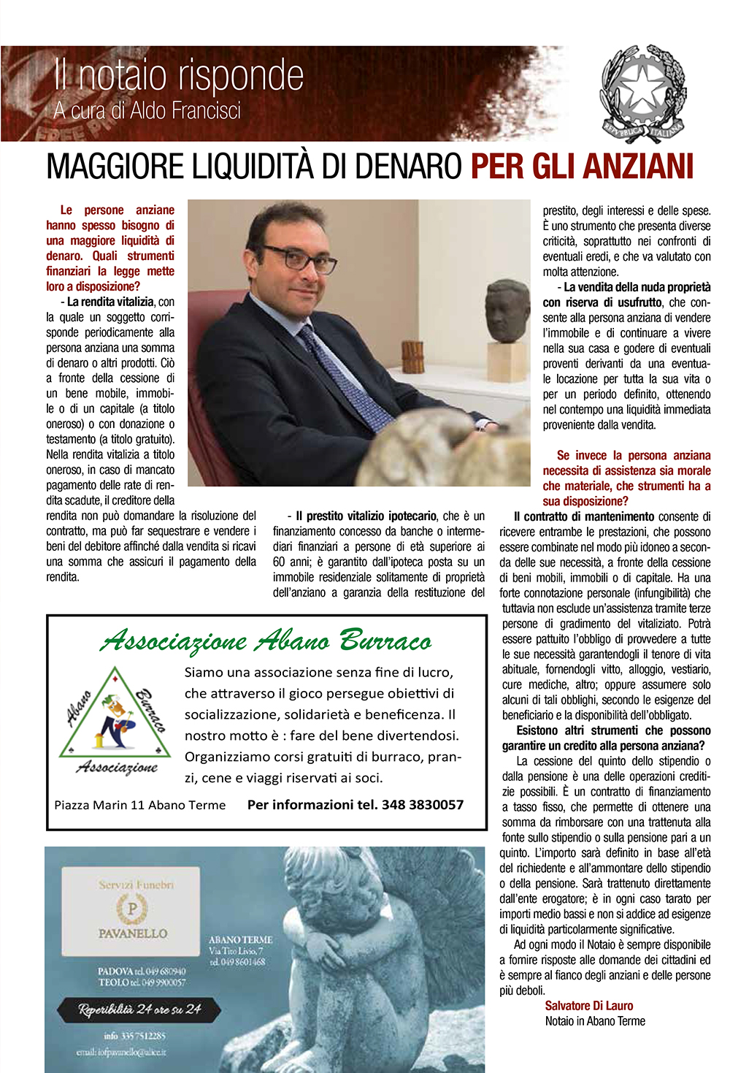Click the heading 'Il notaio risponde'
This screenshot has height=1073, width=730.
(179, 76)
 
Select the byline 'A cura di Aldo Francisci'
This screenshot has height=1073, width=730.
(147, 111)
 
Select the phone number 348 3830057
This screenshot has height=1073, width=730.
(423, 804)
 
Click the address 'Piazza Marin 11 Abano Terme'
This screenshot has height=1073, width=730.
(140, 805)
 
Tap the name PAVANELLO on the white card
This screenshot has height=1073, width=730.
(133, 933)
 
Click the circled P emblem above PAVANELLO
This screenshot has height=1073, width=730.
(132, 909)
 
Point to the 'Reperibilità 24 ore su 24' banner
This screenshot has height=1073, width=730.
(139, 1009)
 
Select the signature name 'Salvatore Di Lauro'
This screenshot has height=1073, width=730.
(589, 1006)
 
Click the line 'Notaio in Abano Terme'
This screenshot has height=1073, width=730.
(595, 1021)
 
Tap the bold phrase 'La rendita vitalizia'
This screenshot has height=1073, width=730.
(110, 302)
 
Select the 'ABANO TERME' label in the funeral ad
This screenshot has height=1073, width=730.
(240, 939)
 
